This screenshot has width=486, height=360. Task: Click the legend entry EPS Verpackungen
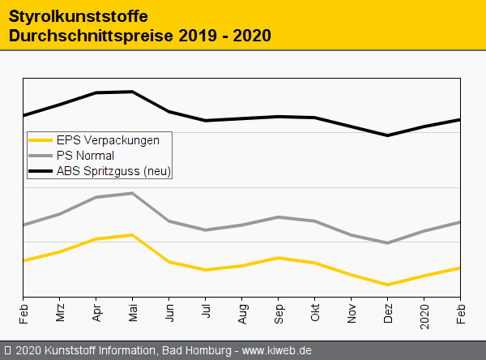coord(107,139)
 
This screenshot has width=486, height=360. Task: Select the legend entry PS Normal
coord(85,155)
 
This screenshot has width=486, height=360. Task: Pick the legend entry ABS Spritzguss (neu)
coord(114,171)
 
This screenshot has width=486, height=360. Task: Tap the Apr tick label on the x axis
coord(96,313)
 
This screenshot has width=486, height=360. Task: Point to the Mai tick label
coord(133,313)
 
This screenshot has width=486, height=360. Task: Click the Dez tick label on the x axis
coord(388,313)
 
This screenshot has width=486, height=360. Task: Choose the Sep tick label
coord(279,313)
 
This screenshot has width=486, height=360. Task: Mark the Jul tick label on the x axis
coord(206,314)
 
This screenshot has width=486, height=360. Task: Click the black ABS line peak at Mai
coord(132,92)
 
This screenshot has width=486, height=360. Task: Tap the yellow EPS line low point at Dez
coord(388,285)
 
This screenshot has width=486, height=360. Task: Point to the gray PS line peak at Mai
coord(132,193)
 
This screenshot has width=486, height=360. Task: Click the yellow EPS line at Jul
coord(206,270)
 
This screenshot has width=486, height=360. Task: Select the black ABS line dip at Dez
coord(388,135)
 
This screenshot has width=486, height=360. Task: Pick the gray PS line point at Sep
coord(279,217)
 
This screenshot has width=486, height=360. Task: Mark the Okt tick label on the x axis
coord(315,313)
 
